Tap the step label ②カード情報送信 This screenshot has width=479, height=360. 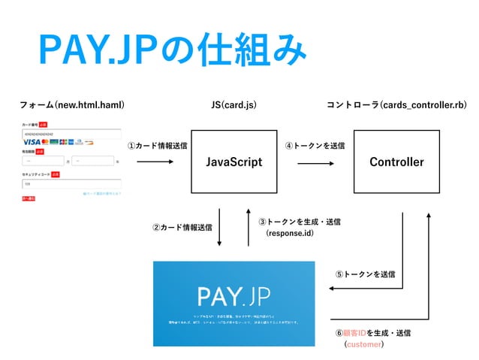[x=182, y=227]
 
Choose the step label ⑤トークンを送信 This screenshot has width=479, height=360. [x=366, y=274]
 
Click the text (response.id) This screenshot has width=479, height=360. [x=290, y=234]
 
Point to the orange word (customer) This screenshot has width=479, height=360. [x=363, y=345]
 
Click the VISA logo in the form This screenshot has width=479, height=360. [x=32, y=141]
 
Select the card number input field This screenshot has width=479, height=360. [x=71, y=133]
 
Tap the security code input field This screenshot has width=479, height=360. [x=71, y=182]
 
